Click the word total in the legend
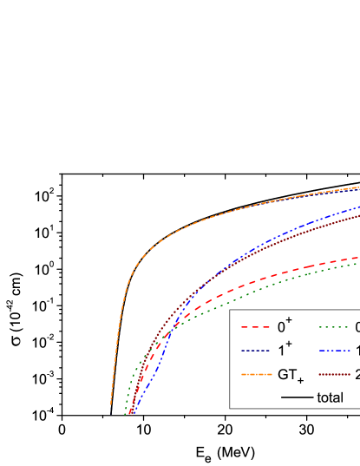pyautogui.click(x=331, y=397)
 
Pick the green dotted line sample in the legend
pyautogui.click(x=334, y=328)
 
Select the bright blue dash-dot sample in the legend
pyautogui.click(x=334, y=351)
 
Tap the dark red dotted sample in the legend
pyautogui.click(x=334, y=375)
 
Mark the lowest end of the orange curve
pyautogui.click(x=111, y=404)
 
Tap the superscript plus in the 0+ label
pyautogui.click(x=289, y=321)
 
